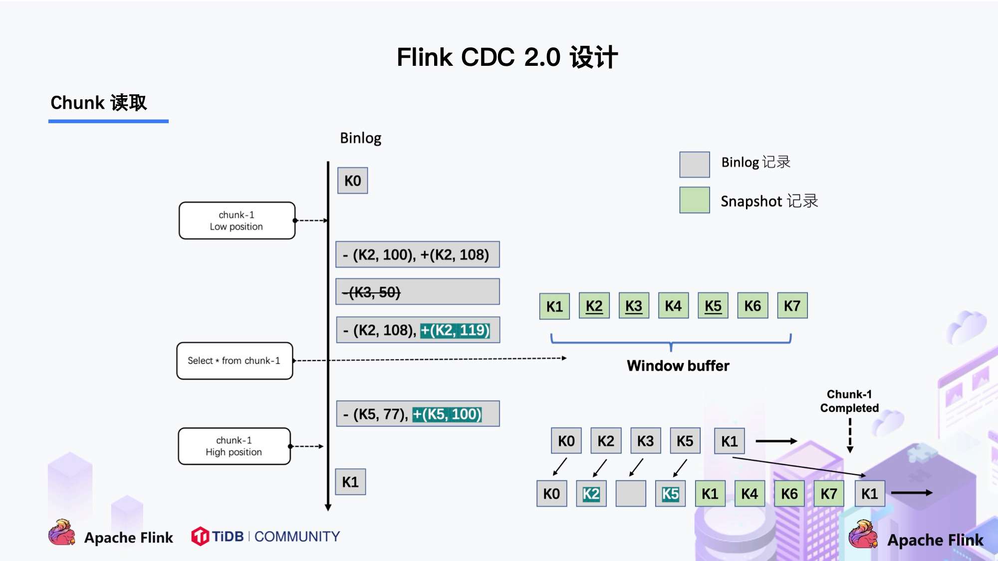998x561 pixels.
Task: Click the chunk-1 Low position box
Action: [237, 220]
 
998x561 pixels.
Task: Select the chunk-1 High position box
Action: [234, 446]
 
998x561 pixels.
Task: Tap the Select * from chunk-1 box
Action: [235, 361]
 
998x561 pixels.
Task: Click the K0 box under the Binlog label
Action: [352, 181]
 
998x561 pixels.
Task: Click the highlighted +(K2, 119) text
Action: [455, 330]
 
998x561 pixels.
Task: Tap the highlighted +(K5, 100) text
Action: [447, 414]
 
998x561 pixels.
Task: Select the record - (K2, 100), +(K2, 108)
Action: [417, 255]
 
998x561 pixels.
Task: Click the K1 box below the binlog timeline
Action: [350, 482]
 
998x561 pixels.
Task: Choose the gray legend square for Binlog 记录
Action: [694, 165]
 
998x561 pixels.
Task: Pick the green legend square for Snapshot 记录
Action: [694, 200]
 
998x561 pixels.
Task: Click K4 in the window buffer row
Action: [673, 306]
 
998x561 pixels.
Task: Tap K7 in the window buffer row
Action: [792, 306]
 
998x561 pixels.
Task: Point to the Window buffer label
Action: [678, 366]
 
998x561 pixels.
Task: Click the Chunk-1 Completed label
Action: [849, 401]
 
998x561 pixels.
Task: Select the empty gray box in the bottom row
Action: [630, 494]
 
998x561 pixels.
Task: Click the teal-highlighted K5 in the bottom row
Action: [670, 494]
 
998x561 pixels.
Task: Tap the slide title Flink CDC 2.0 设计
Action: [507, 57]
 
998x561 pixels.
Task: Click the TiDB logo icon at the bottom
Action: [200, 537]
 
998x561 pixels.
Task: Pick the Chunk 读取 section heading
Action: [99, 103]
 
